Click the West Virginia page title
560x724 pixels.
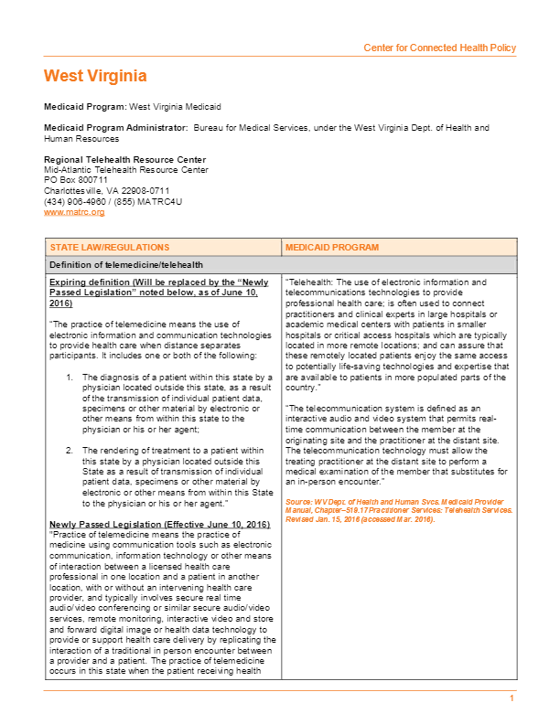[x=95, y=76]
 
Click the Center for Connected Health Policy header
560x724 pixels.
[x=439, y=48]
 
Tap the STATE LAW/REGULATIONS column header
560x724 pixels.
[x=109, y=248]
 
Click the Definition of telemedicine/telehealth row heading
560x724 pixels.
[x=123, y=264]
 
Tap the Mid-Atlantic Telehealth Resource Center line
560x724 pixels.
[x=125, y=169]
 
